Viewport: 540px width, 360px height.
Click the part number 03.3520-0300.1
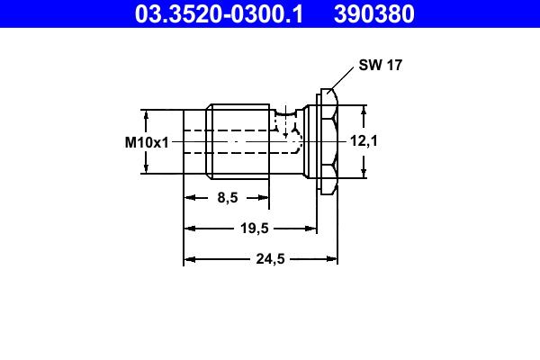(x=219, y=13)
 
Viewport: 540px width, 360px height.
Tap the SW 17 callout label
(x=379, y=66)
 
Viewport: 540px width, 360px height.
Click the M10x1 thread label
(x=147, y=142)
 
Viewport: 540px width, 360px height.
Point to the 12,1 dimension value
(x=364, y=141)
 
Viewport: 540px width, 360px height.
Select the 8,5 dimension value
(x=227, y=198)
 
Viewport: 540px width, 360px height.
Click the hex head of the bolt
(x=328, y=141)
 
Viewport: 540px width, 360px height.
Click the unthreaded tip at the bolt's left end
(x=194, y=141)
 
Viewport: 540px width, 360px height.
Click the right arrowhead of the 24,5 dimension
(x=332, y=259)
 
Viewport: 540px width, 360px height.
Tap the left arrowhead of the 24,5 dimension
(x=189, y=259)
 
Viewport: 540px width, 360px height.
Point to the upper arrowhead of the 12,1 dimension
(x=364, y=111)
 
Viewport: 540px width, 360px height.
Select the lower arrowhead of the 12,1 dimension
(x=364, y=173)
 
